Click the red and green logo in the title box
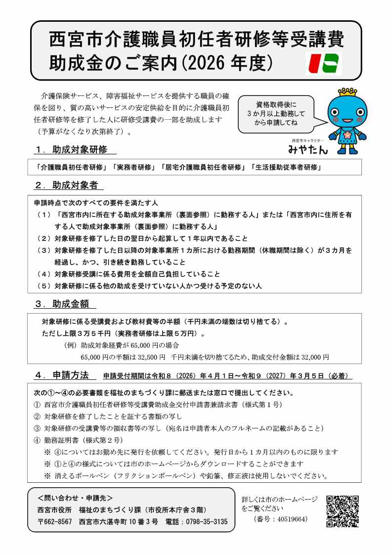tap(323, 63)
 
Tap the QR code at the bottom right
tap(342, 511)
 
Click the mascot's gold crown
tap(348, 92)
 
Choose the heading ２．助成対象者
tap(69, 185)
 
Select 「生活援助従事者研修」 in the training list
tap(286, 167)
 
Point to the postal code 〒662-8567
tap(55, 521)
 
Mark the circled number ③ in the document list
tap(37, 428)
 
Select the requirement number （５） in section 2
tap(44, 286)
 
